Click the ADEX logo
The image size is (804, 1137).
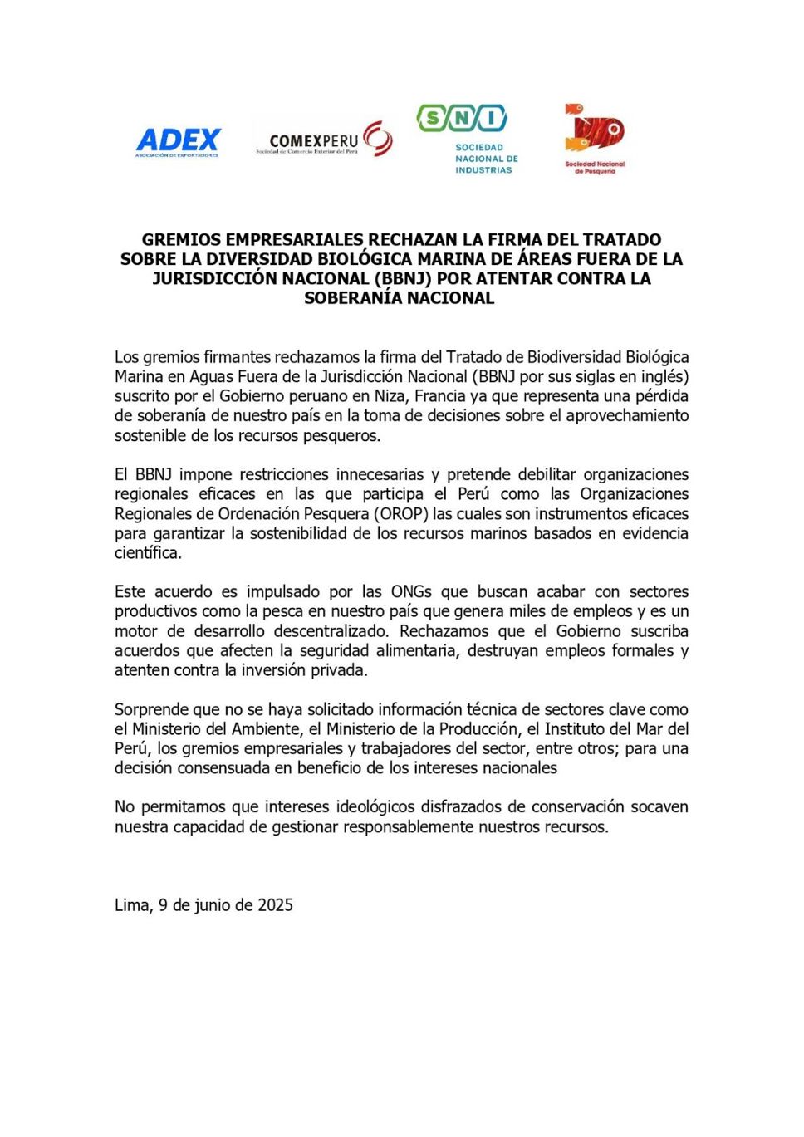tap(178, 142)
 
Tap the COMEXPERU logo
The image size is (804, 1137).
tap(324, 140)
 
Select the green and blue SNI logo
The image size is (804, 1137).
tap(462, 120)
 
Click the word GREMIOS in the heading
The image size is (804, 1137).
tap(182, 240)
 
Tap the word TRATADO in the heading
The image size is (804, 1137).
tap(621, 240)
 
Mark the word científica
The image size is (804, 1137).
tap(147, 553)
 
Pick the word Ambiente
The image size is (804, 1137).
tap(269, 729)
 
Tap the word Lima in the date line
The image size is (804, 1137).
tap(132, 905)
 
